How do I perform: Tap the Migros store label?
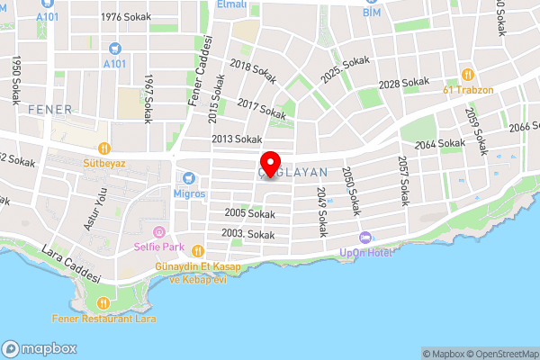(x=190, y=193)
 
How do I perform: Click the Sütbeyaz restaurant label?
(x=104, y=164)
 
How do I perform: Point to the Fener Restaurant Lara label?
(x=104, y=318)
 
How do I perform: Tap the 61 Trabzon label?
(x=468, y=89)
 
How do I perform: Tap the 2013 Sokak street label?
(x=236, y=139)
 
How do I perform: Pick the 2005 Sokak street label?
(x=250, y=214)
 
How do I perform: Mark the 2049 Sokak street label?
(x=321, y=211)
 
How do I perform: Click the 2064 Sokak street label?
(x=441, y=145)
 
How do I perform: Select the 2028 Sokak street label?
(x=404, y=83)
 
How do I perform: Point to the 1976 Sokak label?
(x=124, y=17)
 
